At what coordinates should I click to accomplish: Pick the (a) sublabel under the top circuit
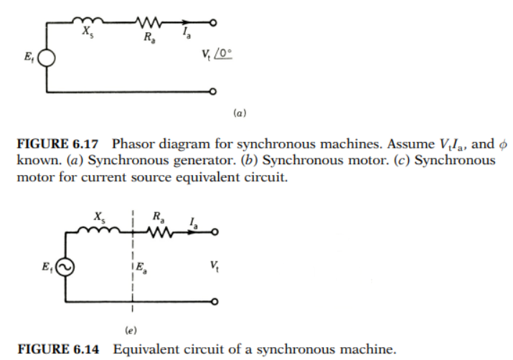tap(241, 113)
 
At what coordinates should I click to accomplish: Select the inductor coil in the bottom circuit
tap(100, 232)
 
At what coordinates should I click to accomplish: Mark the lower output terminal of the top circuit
tap(213, 93)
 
